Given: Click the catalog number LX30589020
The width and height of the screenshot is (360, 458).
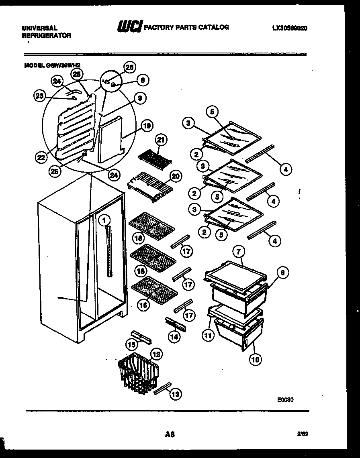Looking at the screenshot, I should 290,28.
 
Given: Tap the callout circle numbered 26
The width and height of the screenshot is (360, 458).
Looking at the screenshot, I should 129,67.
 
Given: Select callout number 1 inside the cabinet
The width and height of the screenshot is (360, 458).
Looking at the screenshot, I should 103,220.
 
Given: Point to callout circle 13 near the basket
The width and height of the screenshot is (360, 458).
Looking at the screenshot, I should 175,395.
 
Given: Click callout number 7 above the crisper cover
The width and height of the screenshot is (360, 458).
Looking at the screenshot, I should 238,252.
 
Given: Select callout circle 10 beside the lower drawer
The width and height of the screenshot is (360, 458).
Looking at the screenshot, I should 255,359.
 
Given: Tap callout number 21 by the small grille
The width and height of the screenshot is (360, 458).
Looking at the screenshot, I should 161,140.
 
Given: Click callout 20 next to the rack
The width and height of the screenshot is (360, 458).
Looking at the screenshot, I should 176,175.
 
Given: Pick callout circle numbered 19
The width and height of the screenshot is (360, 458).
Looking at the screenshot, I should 147,126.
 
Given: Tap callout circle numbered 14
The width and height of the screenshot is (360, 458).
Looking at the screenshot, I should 174,337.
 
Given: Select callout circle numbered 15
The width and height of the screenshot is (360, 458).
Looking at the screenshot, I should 131,344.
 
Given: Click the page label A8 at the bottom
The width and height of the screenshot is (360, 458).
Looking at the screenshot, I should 169,434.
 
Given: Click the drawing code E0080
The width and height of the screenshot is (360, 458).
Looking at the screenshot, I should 285,400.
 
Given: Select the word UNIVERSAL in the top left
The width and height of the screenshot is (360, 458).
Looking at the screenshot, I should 39,28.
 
